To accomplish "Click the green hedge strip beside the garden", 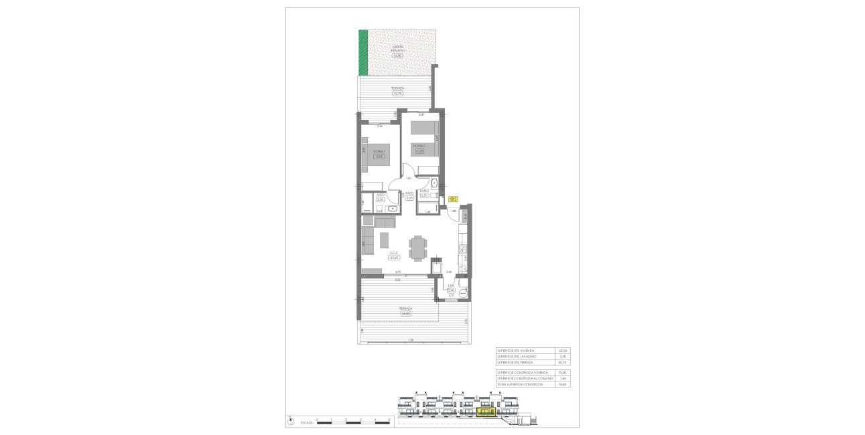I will [363, 52].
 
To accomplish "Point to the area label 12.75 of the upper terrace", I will [397, 93].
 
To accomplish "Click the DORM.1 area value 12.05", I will [379, 157].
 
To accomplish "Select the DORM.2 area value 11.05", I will [419, 151].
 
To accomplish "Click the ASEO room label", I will [380, 195].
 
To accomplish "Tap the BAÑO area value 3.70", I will [424, 195].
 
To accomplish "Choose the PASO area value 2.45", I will [409, 198].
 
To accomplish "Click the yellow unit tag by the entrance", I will [453, 199].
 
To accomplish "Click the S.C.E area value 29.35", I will [394, 257].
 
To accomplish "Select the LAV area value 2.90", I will [451, 290].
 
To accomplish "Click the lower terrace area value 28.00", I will [406, 313].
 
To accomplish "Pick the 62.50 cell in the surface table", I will [563, 351].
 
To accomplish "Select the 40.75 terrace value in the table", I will [563, 362].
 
